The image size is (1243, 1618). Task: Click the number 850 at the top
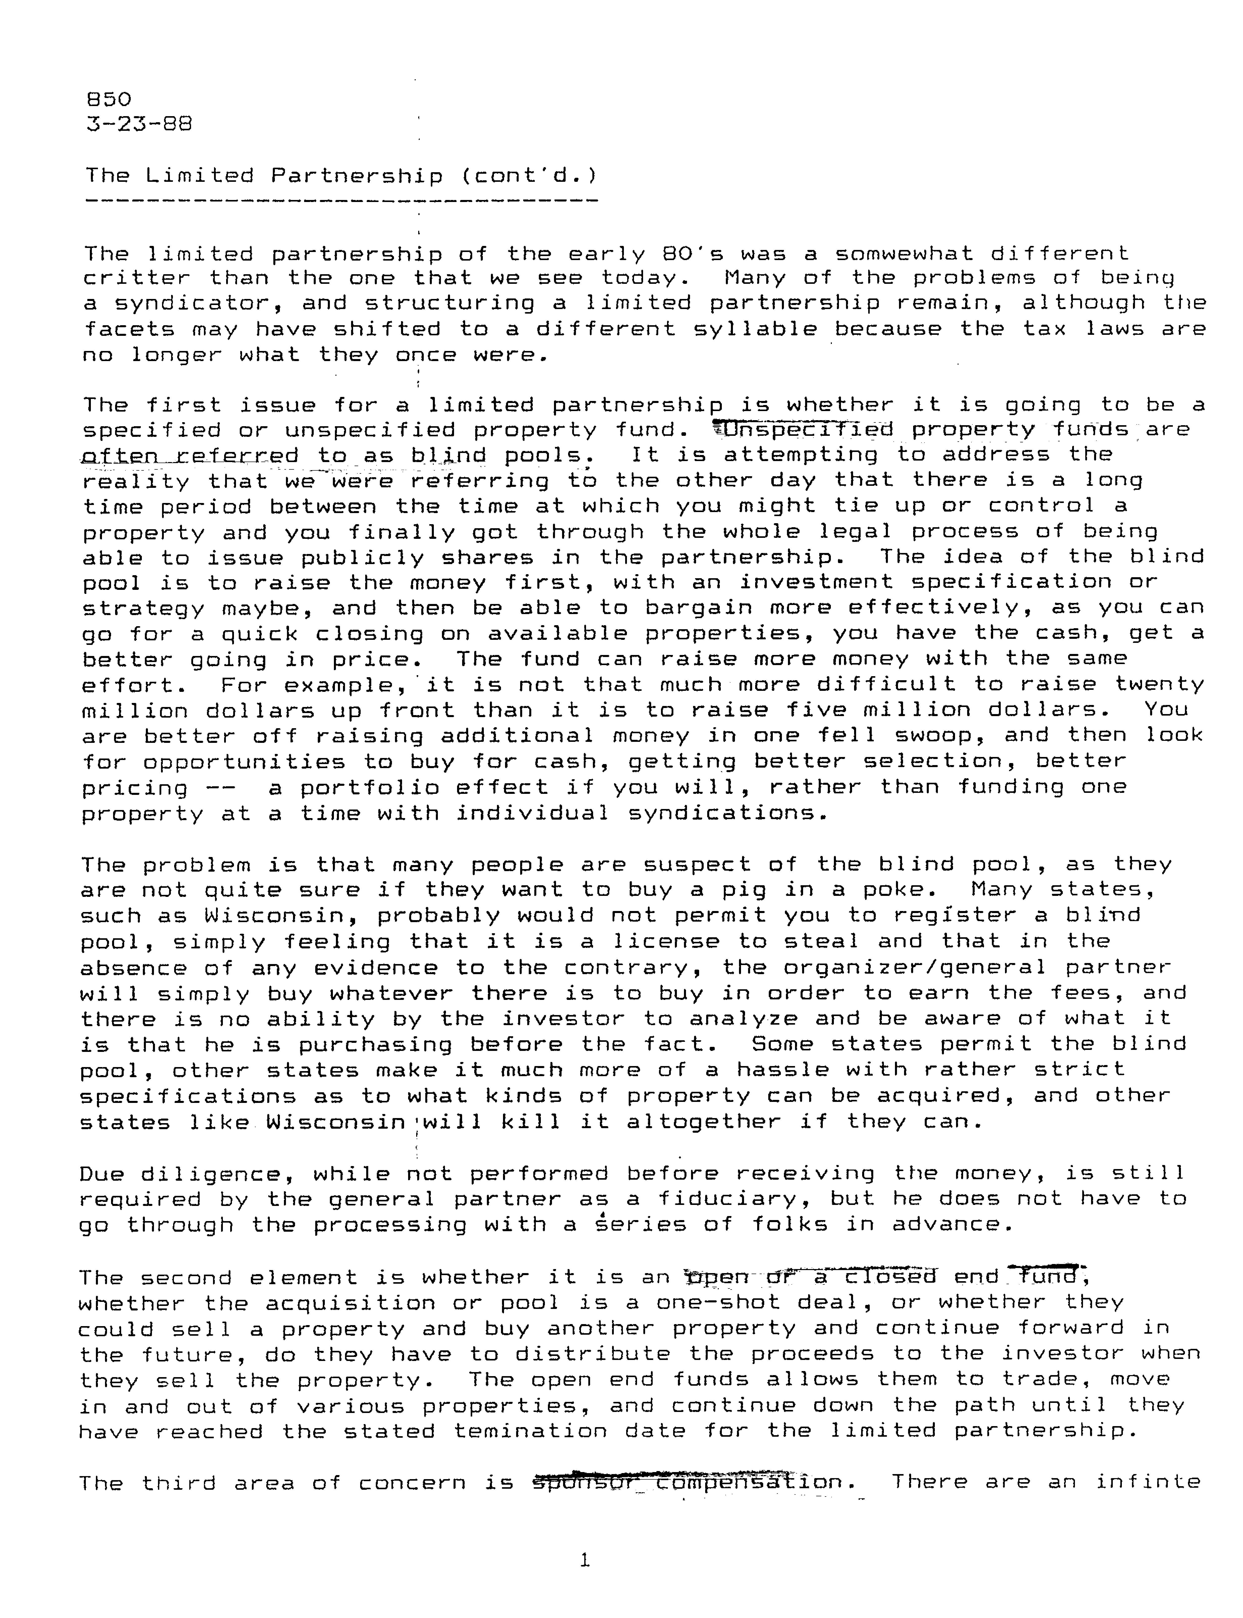coord(109,99)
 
